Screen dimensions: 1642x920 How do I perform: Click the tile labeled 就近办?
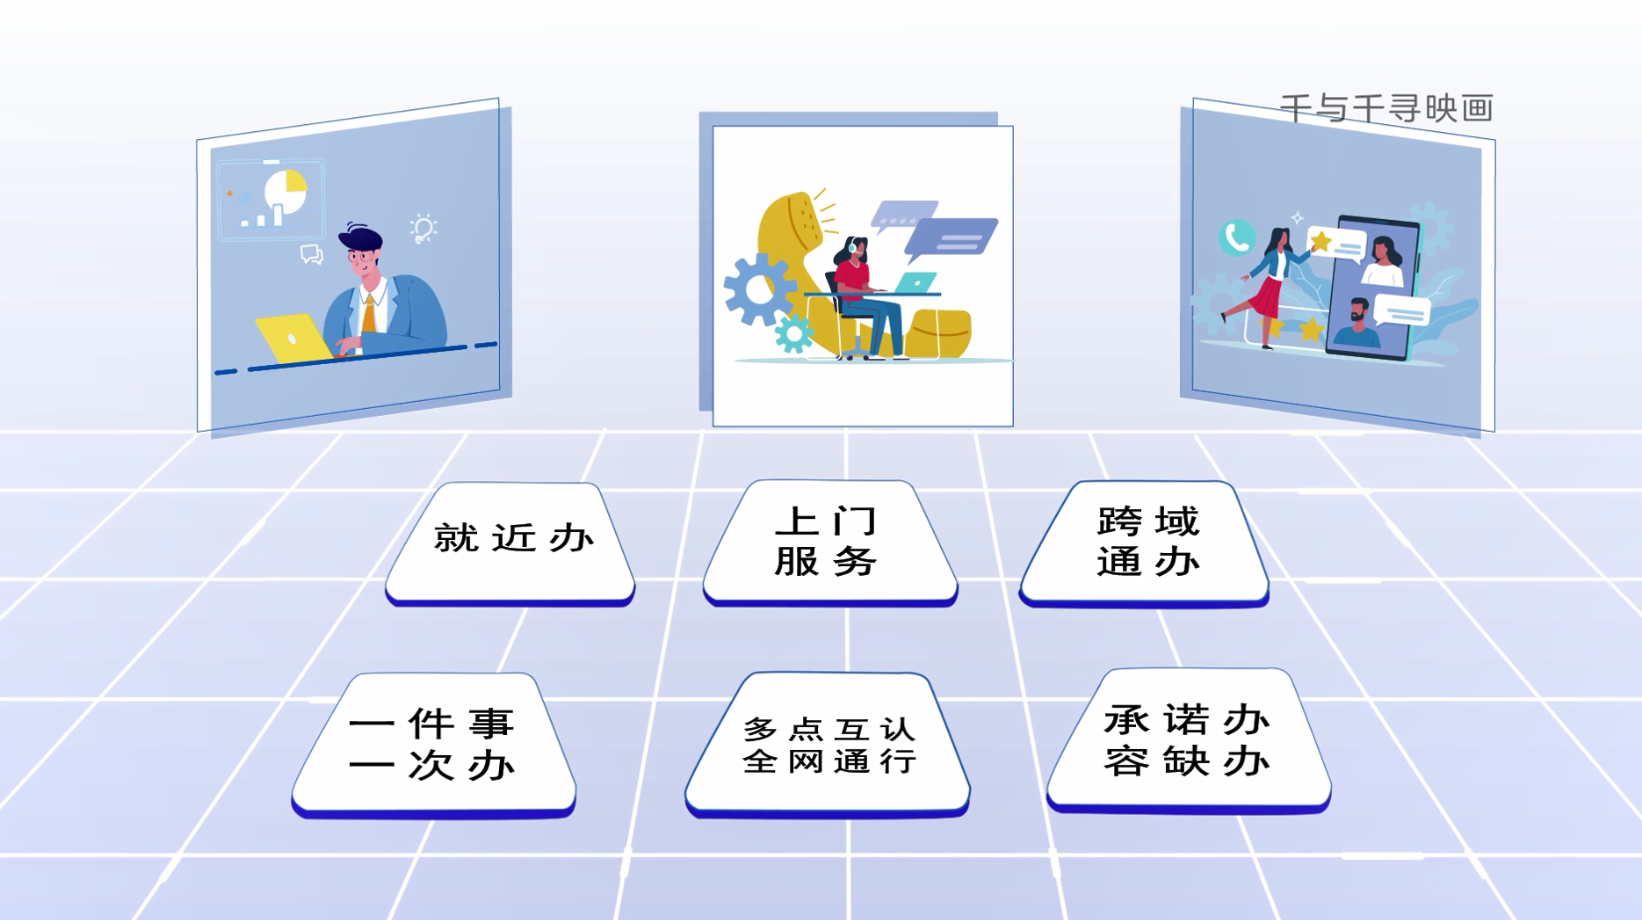pos(510,543)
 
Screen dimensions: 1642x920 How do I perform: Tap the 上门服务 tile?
pos(830,542)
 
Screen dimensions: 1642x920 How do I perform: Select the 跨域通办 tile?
pos(1144,543)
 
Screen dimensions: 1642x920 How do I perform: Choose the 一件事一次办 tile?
pos(433,744)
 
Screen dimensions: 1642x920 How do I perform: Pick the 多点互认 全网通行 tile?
pos(828,744)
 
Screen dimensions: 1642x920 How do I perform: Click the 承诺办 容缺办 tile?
pos(1188,740)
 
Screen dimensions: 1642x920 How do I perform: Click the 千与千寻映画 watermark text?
pos(1387,107)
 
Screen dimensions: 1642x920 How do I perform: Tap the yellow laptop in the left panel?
pos(293,338)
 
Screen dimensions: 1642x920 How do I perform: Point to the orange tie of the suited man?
pos(369,313)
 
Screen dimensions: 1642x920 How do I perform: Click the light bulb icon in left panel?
pos(423,228)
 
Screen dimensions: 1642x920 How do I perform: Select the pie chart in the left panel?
pos(286,191)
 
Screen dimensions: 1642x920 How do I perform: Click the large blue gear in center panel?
pos(758,289)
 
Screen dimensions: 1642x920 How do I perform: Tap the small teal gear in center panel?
pos(793,334)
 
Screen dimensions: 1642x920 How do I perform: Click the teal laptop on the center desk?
pos(914,282)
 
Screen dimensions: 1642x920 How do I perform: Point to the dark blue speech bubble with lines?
pos(951,239)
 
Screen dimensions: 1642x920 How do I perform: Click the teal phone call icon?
pos(1236,238)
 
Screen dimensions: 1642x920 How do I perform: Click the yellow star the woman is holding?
pos(1321,241)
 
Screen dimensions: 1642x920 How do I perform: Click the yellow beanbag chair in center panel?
pos(938,334)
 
